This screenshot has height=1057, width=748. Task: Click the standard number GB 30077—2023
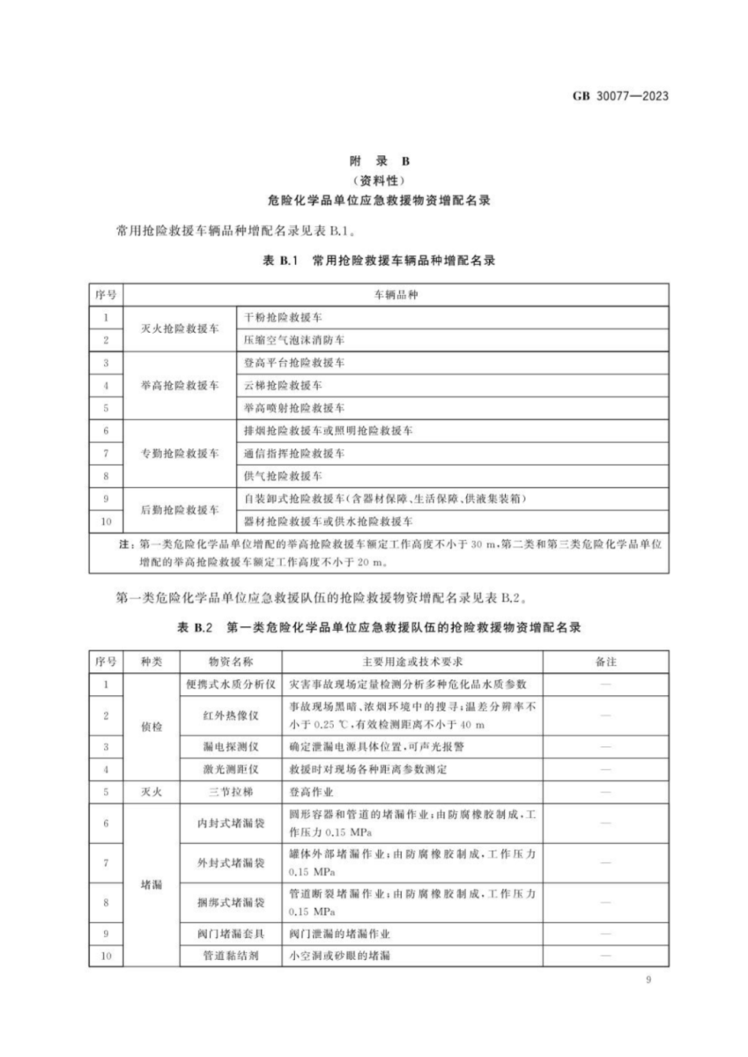coord(614,96)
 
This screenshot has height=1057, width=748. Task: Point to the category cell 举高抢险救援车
coord(180,386)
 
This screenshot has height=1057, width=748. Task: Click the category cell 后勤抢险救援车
coord(180,511)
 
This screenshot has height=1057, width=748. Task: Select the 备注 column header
coord(604,661)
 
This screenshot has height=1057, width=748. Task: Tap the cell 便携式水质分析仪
coord(232,684)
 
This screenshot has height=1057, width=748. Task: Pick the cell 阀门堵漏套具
coord(232,933)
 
